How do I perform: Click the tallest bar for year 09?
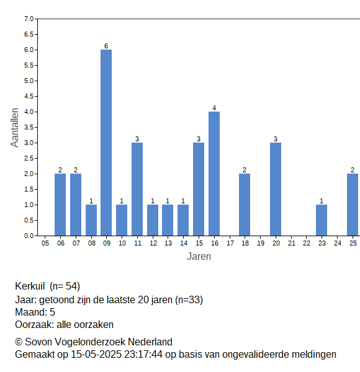pos(106,143)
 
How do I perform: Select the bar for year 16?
pos(214,174)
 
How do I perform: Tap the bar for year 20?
pos(276,189)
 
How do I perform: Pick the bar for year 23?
pos(322,220)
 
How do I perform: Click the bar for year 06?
pos(60,205)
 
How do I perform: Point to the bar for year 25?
pos(353,205)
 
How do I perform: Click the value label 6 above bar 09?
pos(106,46)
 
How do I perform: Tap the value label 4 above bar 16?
pos(214,108)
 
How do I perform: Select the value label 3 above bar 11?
pos(137,139)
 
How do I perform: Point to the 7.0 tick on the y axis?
pos(29,19)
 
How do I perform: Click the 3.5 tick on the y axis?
pos(29,127)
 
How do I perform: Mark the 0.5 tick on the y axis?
pos(29,220)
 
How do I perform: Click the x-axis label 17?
pos(230,243)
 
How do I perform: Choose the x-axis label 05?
pos(45,243)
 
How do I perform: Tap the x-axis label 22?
pos(307,243)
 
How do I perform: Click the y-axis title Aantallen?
pos(14,128)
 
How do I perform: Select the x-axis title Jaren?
pos(199,257)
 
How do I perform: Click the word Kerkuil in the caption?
pos(30,286)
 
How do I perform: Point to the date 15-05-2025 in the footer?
pos(96,355)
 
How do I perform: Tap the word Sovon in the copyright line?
pos(38,342)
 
